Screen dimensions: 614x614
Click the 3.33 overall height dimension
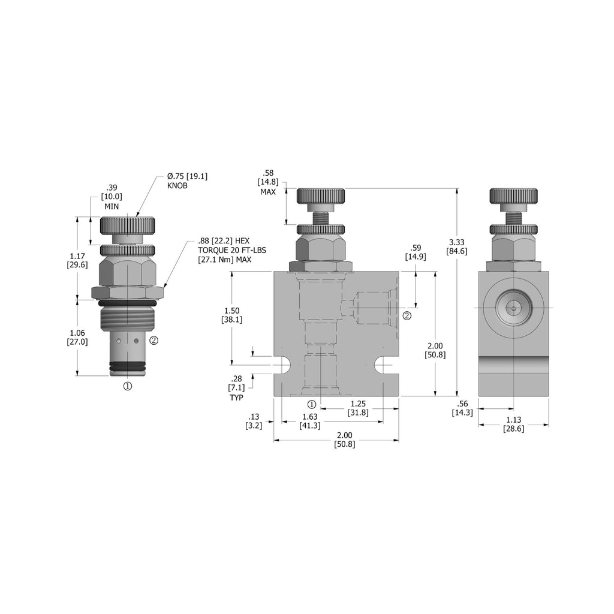[x=456, y=246]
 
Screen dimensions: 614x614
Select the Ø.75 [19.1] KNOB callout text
[x=187, y=181]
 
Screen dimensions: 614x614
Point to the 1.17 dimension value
[x=77, y=260]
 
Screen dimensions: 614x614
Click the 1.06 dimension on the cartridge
[x=77, y=337]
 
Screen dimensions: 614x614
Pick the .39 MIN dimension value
[x=112, y=197]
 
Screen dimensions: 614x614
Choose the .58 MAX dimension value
[x=268, y=182]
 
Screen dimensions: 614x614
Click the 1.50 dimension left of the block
[x=232, y=315]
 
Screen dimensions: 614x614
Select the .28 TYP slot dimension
[x=236, y=388]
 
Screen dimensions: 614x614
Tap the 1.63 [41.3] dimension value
[x=310, y=421]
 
